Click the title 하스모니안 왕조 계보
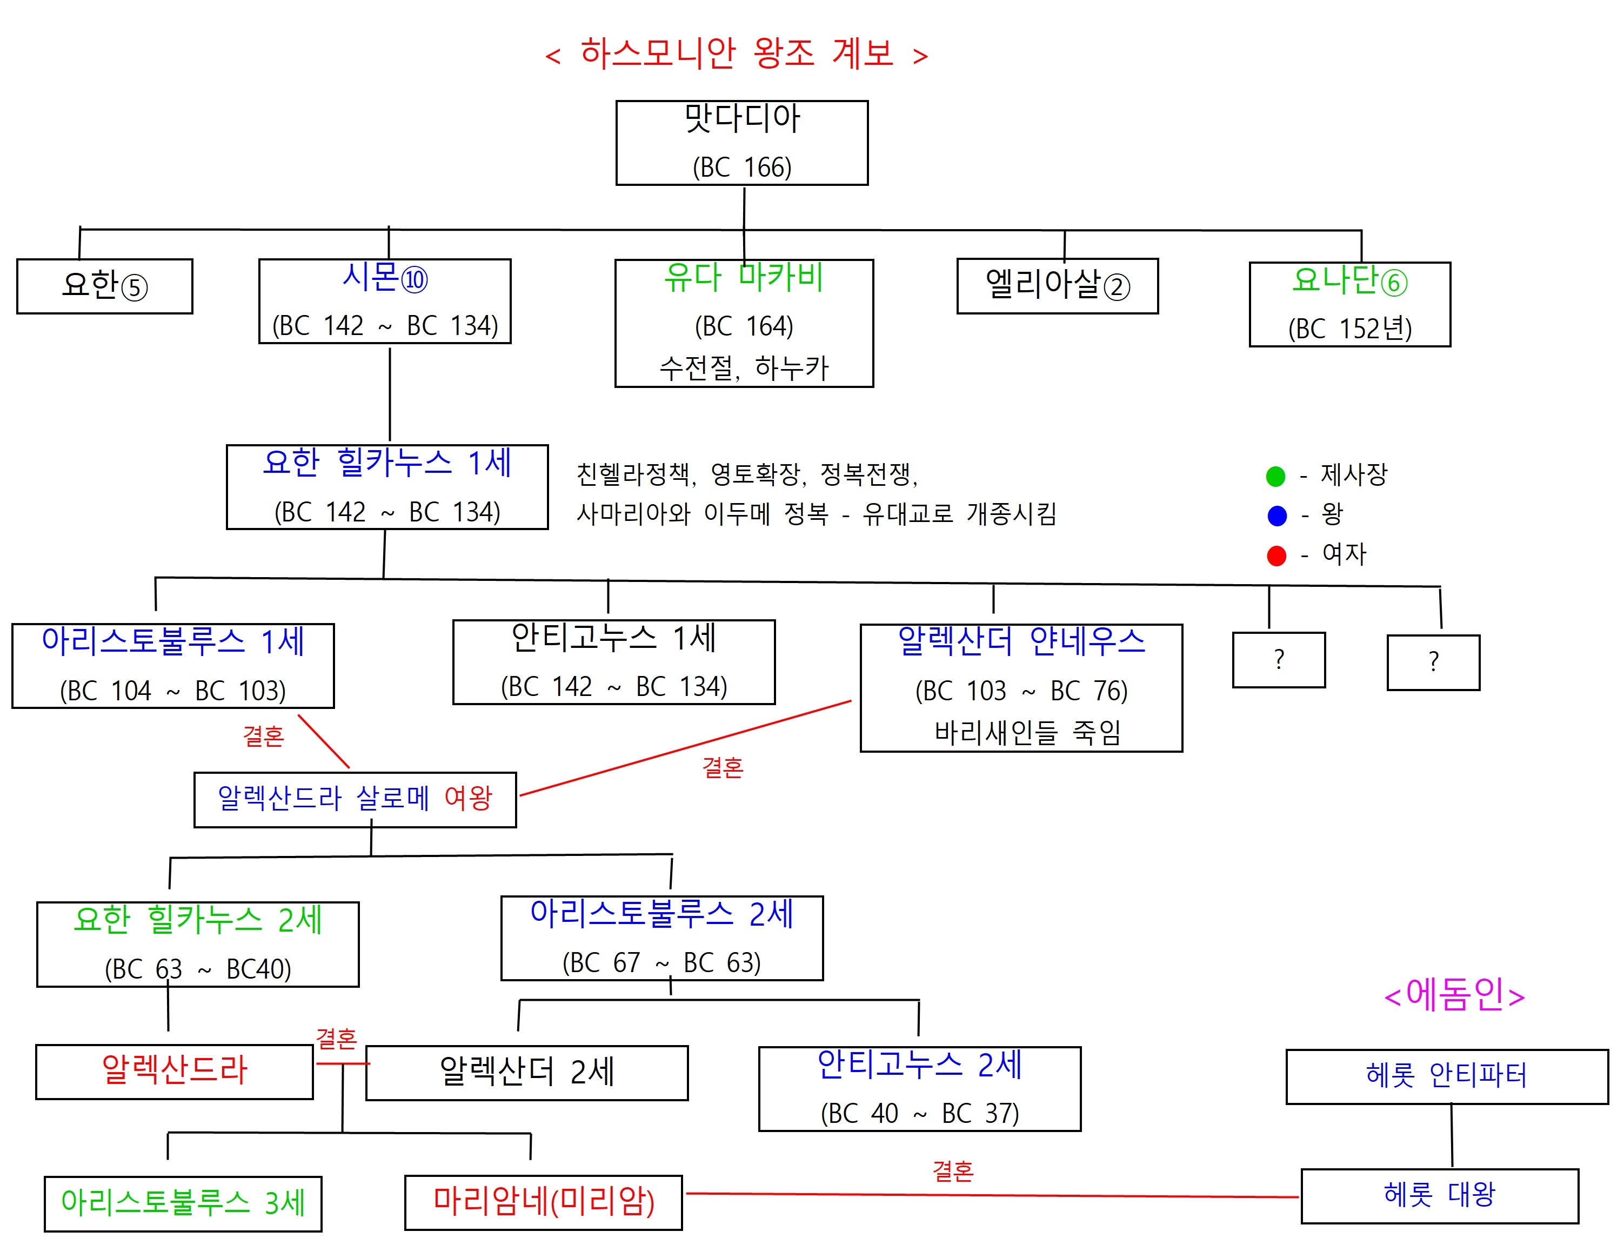[x=737, y=53]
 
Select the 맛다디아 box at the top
[x=741, y=142]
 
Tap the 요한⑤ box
[x=104, y=286]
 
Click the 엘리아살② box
[x=1057, y=285]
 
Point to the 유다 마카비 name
[x=744, y=277]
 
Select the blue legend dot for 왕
[x=1277, y=516]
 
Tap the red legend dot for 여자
[x=1277, y=556]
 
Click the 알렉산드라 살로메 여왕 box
[x=355, y=799]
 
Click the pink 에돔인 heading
[x=1454, y=995]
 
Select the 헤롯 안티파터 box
[x=1446, y=1076]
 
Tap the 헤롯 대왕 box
[x=1439, y=1195]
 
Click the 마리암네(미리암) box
[x=543, y=1201]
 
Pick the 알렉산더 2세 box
[x=526, y=1072]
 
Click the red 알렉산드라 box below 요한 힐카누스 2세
[x=174, y=1071]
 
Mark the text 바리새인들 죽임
[x=1027, y=732]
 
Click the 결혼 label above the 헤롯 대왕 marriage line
[x=952, y=1172]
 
